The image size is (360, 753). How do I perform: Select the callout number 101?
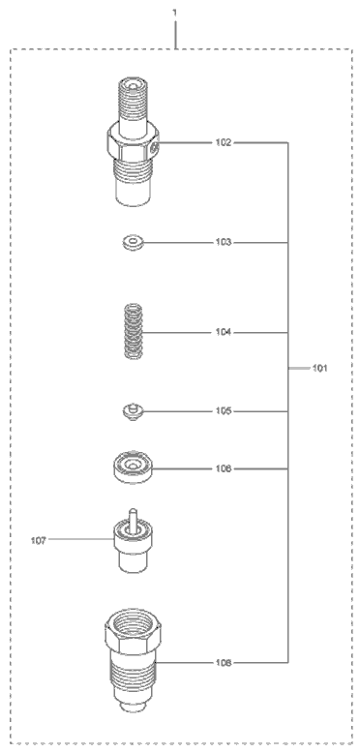(x=319, y=369)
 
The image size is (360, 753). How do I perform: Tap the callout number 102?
(x=223, y=143)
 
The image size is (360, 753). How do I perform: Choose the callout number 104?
(x=223, y=332)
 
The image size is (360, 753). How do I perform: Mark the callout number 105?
(x=223, y=411)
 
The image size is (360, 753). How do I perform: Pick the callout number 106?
(x=223, y=468)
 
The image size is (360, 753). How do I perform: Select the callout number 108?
(x=223, y=663)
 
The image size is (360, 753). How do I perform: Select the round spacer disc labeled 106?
(x=134, y=469)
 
